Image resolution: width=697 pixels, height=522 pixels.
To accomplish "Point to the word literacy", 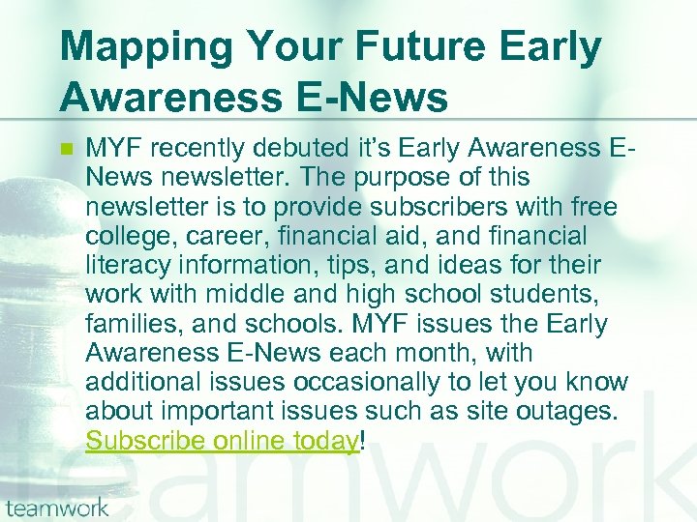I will click(121, 266).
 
